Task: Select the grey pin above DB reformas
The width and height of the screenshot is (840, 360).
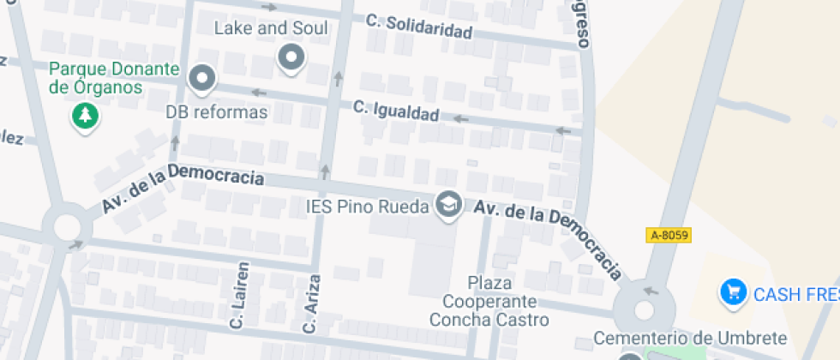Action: (202, 79)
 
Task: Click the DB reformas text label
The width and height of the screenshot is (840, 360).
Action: (217, 112)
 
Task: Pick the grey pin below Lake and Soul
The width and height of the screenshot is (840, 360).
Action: (291, 58)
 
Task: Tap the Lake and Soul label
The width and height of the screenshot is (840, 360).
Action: (271, 27)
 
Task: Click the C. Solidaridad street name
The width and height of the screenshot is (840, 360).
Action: (419, 26)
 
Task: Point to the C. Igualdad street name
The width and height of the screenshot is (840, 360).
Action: (396, 111)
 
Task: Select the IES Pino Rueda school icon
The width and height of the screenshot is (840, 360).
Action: (447, 205)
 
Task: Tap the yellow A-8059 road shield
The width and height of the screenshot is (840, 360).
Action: (669, 235)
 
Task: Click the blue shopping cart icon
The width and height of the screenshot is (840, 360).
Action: (733, 292)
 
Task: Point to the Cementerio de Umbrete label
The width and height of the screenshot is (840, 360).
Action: (690, 337)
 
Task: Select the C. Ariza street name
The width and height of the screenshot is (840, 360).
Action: (310, 303)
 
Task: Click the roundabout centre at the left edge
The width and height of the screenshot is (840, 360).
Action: (67, 228)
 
